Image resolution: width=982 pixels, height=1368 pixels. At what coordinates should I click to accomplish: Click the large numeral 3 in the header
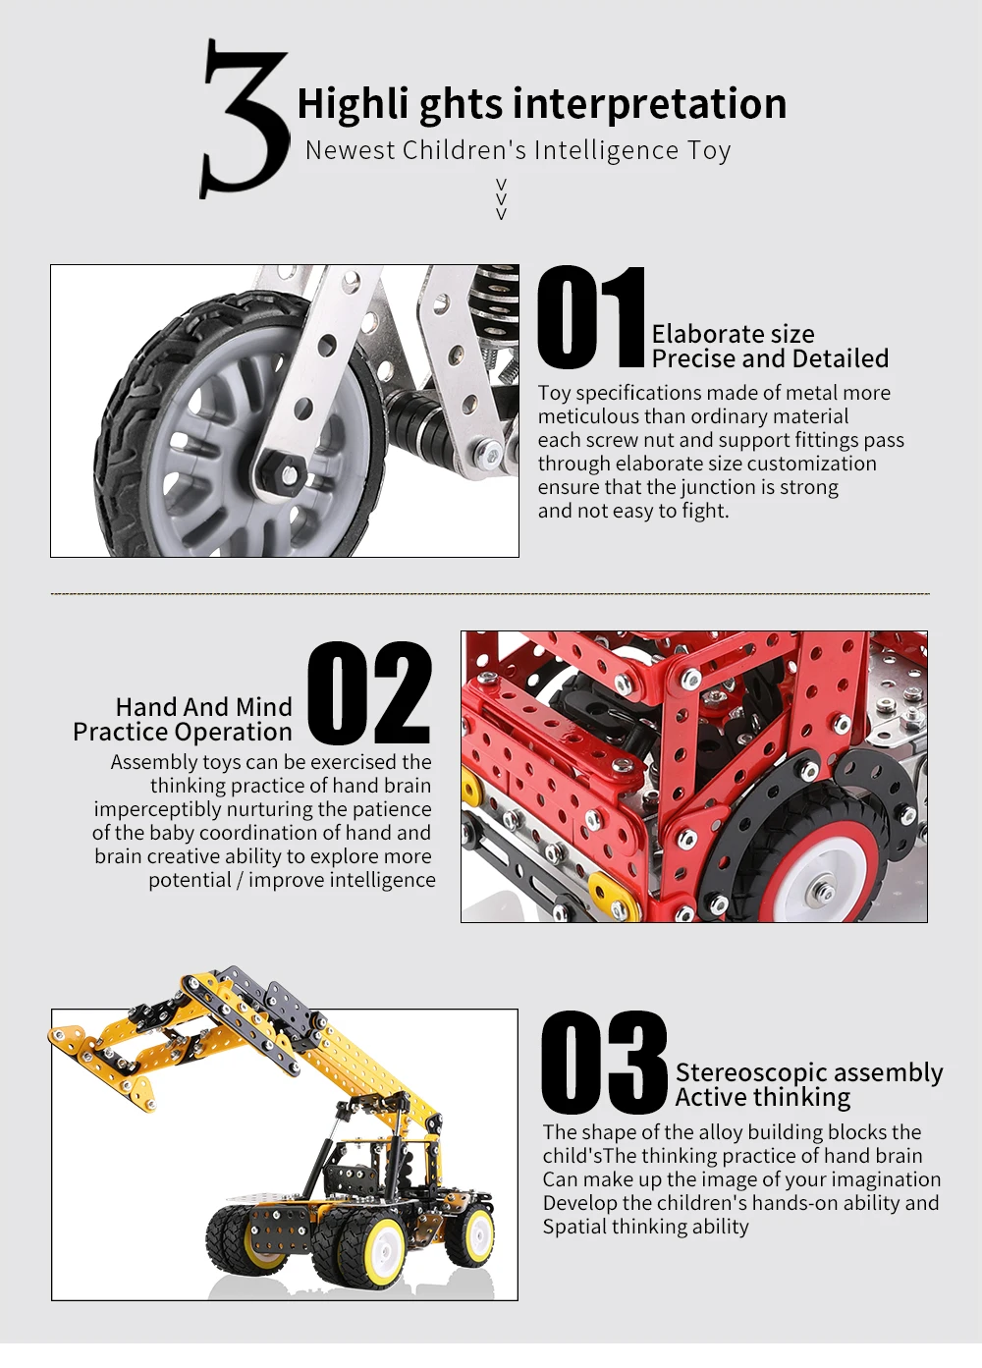tap(245, 119)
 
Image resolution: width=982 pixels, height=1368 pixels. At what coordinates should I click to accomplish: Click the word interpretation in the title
tap(649, 104)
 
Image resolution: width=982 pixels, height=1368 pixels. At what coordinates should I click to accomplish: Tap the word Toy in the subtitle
tap(709, 150)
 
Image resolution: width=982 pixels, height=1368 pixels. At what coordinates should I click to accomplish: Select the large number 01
tap(590, 317)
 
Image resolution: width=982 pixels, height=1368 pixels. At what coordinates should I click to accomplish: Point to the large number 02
tap(369, 693)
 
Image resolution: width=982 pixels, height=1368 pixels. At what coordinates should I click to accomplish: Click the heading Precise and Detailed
tap(770, 358)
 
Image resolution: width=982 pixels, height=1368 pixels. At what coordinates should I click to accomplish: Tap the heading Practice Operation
tap(183, 732)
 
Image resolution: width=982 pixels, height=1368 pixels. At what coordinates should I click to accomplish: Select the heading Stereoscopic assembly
tap(809, 1073)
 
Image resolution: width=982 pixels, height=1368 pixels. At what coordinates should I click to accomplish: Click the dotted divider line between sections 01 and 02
tap(490, 593)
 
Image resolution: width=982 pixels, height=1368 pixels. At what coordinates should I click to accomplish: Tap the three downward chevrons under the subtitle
tap(502, 199)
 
